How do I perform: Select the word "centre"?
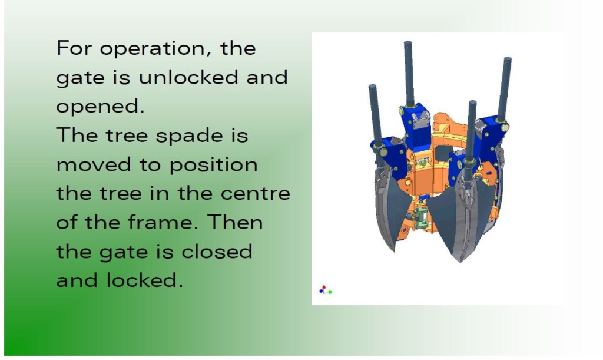(x=256, y=193)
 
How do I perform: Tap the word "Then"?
(x=234, y=222)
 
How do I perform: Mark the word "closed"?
(x=217, y=251)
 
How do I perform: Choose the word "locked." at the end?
(x=144, y=280)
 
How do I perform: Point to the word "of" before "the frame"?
(x=68, y=222)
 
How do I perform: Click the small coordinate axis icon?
(x=325, y=290)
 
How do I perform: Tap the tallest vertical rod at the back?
(x=409, y=73)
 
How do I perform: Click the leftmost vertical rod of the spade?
(x=375, y=115)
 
